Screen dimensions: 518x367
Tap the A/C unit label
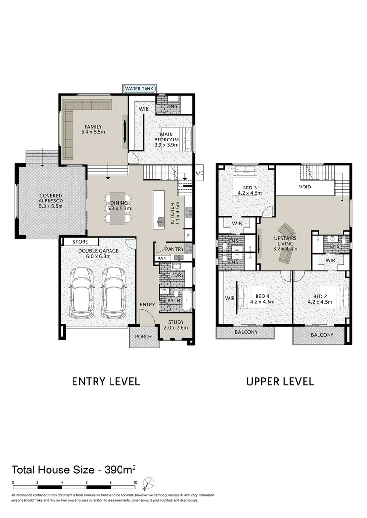click(x=199, y=174)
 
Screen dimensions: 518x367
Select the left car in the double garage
click(x=81, y=292)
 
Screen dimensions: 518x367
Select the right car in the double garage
click(x=113, y=292)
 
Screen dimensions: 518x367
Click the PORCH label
click(x=143, y=337)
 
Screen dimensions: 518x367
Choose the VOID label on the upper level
click(x=305, y=187)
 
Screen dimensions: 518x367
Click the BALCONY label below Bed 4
click(x=245, y=332)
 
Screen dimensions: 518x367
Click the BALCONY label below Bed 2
click(x=320, y=335)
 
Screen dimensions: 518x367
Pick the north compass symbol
click(x=150, y=483)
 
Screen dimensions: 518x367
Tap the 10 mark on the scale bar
click(x=135, y=483)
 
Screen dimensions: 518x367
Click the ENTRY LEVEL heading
click(x=106, y=382)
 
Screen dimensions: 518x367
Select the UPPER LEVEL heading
click(x=280, y=382)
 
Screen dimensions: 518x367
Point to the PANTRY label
click(x=174, y=249)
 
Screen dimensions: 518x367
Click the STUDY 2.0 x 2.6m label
click(x=177, y=325)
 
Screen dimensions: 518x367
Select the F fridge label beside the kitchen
click(x=189, y=235)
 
